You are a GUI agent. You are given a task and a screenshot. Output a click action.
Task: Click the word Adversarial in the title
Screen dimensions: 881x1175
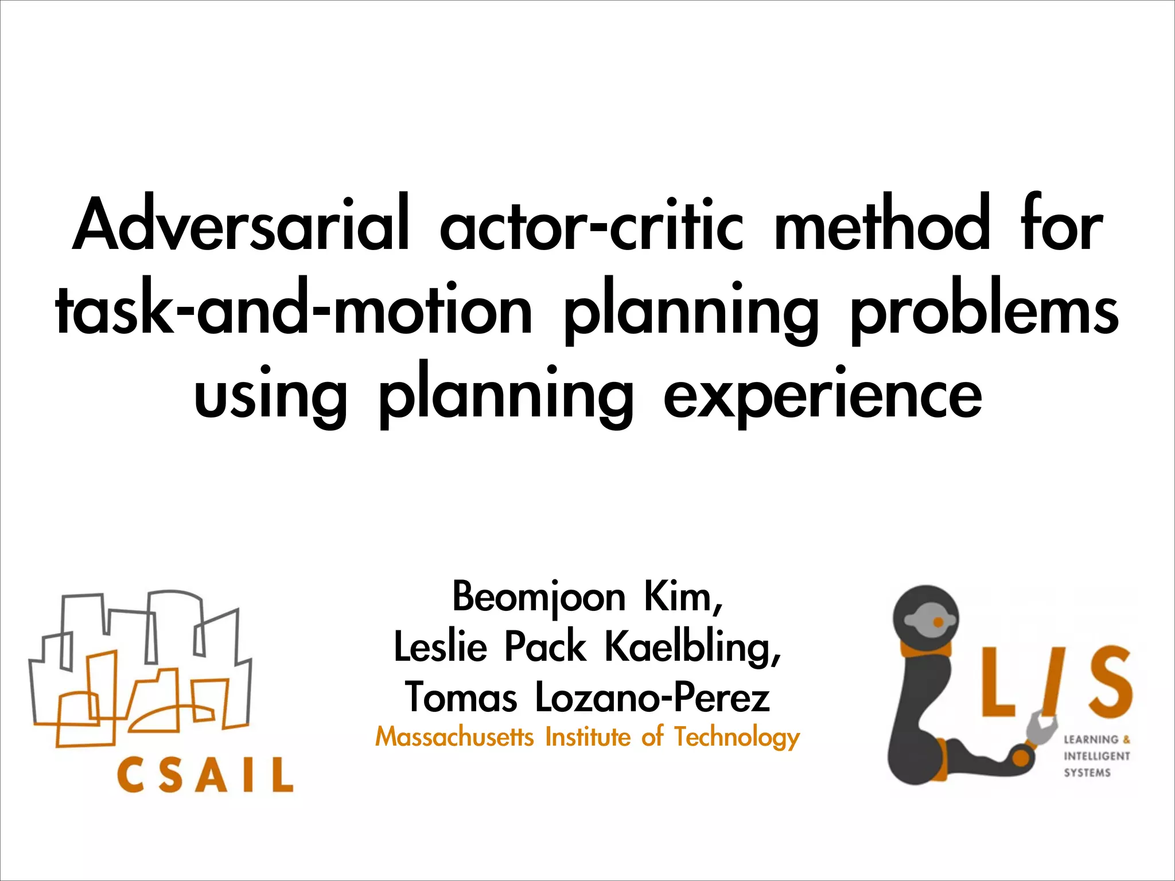241,225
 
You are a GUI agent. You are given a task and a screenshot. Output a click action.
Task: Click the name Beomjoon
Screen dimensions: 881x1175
538,598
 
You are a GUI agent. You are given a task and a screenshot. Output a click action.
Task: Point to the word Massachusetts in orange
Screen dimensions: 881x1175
454,737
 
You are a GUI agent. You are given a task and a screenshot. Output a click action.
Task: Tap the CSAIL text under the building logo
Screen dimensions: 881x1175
205,774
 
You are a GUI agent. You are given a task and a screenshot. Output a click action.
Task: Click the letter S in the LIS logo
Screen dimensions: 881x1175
1102,683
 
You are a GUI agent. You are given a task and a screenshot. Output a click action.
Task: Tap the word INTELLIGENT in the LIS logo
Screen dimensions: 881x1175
1096,756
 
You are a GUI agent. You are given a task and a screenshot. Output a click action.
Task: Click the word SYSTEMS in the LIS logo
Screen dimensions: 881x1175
1087,773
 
